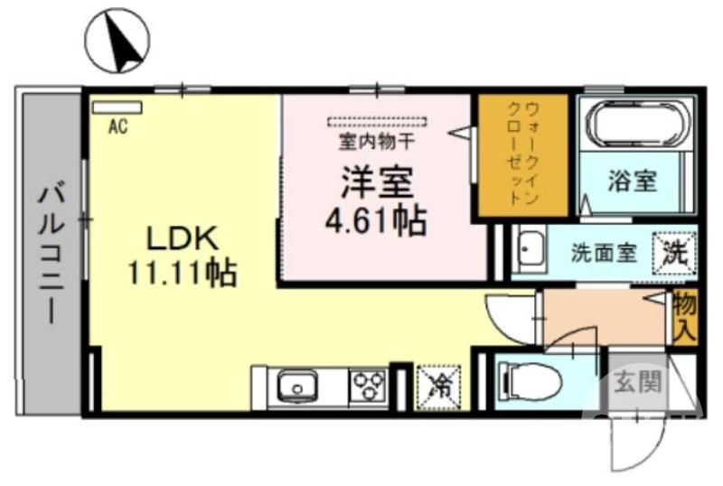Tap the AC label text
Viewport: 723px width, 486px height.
[117, 127]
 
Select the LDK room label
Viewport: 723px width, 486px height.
[183, 238]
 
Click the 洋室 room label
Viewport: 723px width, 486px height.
[377, 183]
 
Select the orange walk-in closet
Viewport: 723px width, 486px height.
[523, 155]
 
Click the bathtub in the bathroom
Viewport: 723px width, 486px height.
[634, 124]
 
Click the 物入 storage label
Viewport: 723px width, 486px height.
[683, 317]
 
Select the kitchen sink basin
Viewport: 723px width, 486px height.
[295, 389]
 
